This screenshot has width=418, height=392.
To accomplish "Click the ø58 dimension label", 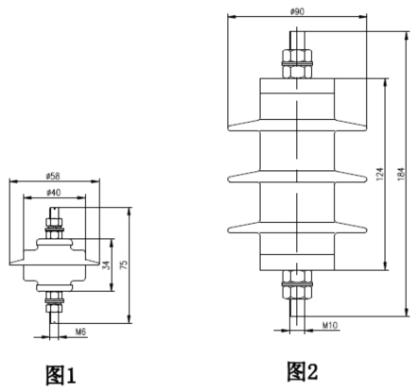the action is (53, 176).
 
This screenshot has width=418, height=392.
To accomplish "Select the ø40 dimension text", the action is (54, 192).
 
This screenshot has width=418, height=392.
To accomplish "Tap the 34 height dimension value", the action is (107, 265).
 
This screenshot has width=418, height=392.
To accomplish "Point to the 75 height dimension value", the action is (125, 264).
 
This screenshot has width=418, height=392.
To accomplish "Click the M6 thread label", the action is (80, 332).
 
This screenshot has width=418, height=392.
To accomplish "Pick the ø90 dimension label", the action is (297, 11).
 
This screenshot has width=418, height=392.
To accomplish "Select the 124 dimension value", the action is (380, 174).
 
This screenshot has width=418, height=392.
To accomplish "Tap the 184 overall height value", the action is (400, 174).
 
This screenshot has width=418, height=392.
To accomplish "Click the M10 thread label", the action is (330, 325).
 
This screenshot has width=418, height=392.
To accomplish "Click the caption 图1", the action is (61, 375).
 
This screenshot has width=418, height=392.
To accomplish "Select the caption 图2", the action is (302, 371).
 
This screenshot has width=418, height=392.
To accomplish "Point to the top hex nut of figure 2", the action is (297, 63).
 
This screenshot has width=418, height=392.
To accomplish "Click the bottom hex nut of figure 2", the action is (297, 284).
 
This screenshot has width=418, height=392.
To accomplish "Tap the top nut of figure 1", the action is (55, 228).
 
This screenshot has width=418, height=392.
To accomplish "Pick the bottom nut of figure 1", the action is (55, 301).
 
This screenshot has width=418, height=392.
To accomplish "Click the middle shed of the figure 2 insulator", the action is (297, 179).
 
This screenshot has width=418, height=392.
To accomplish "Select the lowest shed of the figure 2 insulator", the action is (297, 230).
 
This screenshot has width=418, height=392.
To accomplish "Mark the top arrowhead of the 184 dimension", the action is (407, 36).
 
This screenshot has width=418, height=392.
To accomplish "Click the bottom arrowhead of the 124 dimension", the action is (386, 266).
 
